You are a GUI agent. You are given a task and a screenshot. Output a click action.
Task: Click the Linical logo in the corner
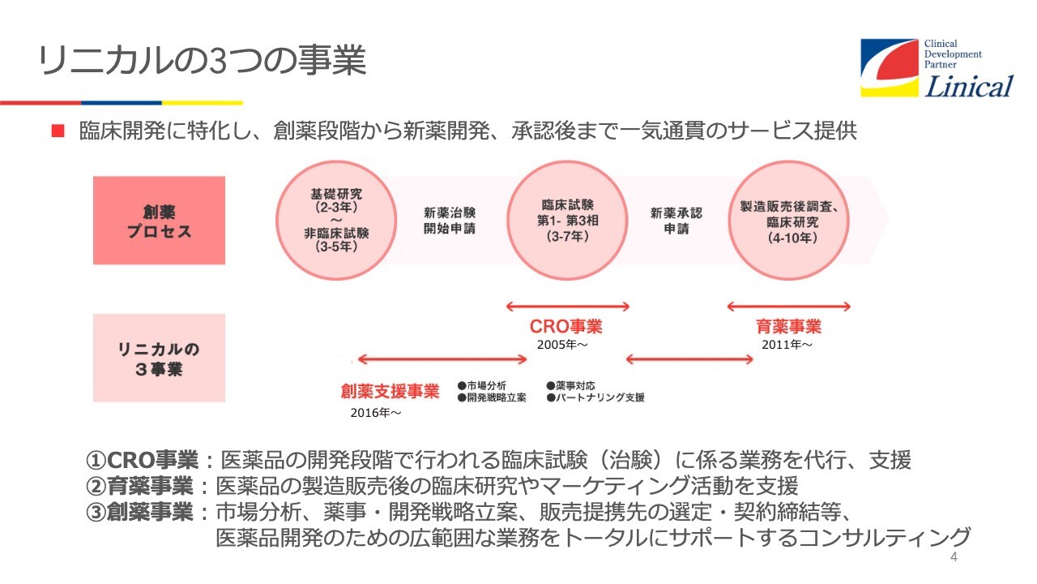pos(937,68)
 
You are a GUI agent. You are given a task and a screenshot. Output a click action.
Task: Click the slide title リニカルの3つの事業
pos(203,60)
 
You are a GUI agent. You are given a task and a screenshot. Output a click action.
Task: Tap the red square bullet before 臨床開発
pos(58,131)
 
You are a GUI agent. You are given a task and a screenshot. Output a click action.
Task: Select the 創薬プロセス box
pos(160,220)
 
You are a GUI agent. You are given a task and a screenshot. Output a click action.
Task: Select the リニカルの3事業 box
pos(160,358)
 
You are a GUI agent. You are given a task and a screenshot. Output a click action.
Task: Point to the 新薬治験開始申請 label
pos(450,221)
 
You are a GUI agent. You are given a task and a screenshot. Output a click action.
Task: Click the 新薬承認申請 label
pos(676,221)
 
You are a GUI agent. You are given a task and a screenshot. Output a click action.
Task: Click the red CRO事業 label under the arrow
pos(565,326)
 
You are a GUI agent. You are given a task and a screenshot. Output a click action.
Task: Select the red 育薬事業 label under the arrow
pos(788,326)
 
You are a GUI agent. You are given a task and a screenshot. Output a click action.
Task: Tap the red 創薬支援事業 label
pos(390,391)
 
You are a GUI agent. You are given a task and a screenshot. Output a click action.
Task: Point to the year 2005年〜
pos(562,345)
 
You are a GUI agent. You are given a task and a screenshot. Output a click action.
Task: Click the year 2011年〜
pos(787,345)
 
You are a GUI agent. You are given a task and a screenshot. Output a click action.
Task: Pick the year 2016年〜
pos(375,413)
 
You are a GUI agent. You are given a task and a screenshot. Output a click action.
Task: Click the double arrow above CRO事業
pos(568,307)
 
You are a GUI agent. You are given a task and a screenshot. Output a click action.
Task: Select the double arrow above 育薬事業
pos(789,307)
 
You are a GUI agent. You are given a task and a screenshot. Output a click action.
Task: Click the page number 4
pos(954,556)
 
